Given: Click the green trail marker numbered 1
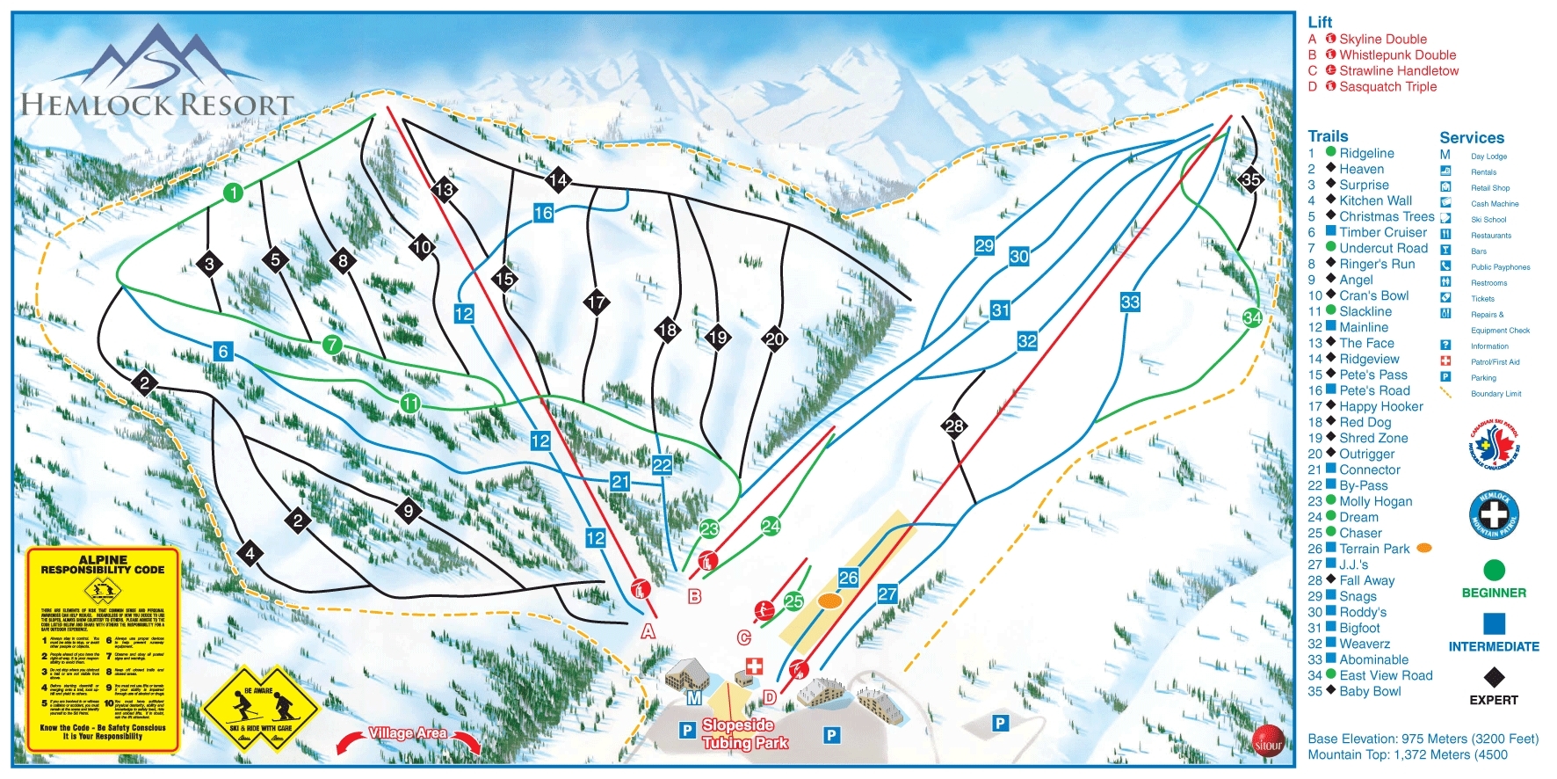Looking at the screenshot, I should [233, 193].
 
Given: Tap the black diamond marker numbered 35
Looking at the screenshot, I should [1250, 180].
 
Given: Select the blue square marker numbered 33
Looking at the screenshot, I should [1130, 302].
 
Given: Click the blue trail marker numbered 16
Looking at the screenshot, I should [543, 213].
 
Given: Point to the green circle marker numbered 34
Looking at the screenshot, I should [1252, 317].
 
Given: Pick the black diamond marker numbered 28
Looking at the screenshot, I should [954, 426].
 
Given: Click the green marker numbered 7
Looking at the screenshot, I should [332, 345].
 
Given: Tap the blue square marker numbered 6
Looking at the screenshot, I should [223, 352].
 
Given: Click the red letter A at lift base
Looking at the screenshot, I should [648, 631].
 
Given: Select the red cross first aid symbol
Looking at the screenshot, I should [754, 666].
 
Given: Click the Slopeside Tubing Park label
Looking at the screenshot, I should [743, 733].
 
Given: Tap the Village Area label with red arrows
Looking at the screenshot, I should [408, 733].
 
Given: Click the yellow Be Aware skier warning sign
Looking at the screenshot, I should [259, 708].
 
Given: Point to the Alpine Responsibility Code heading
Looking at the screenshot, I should [103, 564].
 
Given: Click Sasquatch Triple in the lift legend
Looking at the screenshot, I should [1387, 86].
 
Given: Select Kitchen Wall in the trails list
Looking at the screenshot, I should [1375, 200].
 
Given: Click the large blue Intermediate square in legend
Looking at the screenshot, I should [1494, 623].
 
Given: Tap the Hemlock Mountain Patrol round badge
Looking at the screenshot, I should [1494, 514].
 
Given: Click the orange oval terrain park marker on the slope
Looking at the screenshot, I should [829, 601].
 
